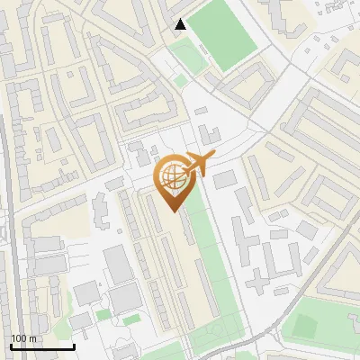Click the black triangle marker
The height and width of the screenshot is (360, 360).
[x=181, y=24]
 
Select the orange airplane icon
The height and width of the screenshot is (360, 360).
[x=200, y=165]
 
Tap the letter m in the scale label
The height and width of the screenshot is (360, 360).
[x=33, y=338]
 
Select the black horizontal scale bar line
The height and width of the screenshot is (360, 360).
[x=42, y=346]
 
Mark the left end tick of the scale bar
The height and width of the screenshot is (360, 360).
[x=11, y=345]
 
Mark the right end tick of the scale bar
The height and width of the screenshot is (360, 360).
[x=74, y=345]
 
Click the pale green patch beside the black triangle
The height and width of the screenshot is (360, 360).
[x=188, y=55]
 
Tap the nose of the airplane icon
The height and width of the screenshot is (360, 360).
[x=214, y=157]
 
